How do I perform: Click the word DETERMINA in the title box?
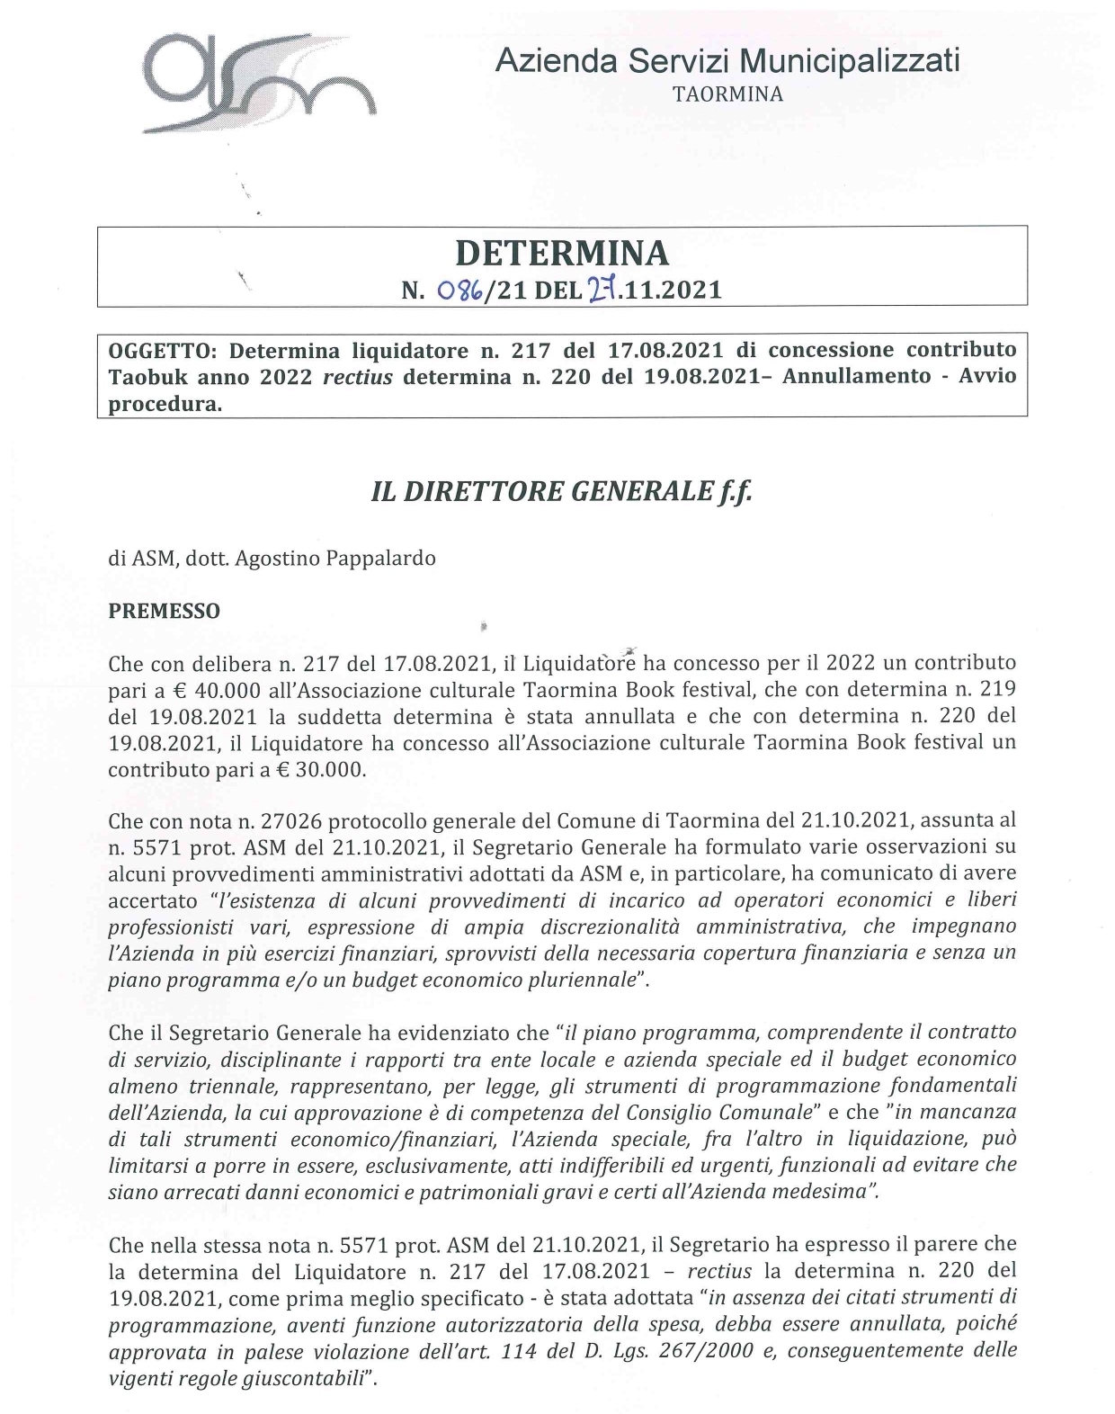[x=562, y=254]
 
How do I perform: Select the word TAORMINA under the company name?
[x=727, y=94]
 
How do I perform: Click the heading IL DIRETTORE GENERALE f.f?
[x=561, y=491]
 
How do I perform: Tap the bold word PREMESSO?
[x=164, y=611]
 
